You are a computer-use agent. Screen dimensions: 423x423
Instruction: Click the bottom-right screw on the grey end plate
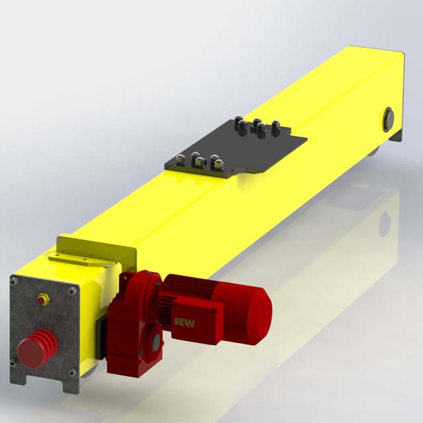pyautogui.click(x=70, y=373)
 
